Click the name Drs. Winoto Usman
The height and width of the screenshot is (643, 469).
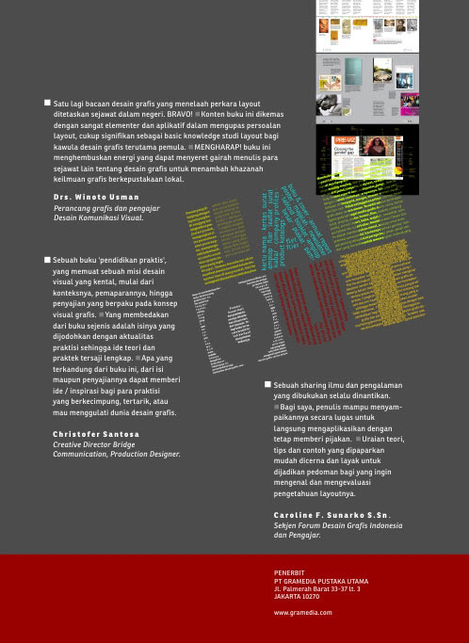click(98, 197)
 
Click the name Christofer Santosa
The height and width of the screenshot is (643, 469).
click(96, 434)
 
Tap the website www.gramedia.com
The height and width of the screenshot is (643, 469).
click(302, 612)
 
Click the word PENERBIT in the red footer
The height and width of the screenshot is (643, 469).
click(289, 572)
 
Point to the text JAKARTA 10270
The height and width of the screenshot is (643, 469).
click(297, 596)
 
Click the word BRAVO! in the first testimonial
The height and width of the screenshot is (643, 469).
click(173, 113)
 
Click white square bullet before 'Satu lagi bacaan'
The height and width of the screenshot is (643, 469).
click(48, 103)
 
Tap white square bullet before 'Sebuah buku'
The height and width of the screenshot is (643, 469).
click(48, 259)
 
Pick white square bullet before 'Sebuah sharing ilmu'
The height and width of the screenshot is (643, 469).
click(268, 385)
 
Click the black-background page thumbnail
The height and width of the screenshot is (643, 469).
click(367, 158)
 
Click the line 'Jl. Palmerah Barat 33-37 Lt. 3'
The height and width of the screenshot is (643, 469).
click(316, 588)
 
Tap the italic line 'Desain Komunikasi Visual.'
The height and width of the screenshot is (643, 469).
click(98, 217)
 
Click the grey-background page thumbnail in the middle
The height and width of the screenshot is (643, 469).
click(367, 88)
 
